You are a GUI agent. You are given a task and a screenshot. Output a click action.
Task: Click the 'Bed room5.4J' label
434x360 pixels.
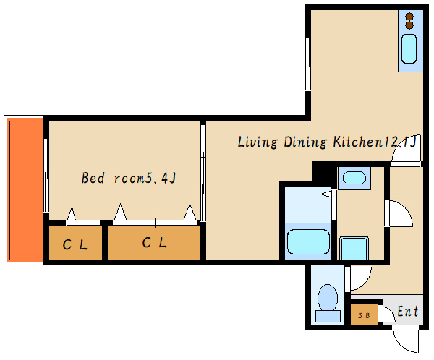click(x=129, y=178)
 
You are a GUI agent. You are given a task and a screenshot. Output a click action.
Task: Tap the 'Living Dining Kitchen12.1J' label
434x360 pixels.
click(x=327, y=142)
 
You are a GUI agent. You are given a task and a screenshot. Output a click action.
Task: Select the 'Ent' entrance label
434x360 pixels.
click(x=408, y=311)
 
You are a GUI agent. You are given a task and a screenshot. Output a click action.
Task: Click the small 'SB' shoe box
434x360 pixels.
click(x=364, y=314)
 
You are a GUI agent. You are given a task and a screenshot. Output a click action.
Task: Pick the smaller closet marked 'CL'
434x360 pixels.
click(x=75, y=243)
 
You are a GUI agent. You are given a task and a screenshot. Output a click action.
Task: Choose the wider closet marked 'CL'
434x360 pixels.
click(x=154, y=243)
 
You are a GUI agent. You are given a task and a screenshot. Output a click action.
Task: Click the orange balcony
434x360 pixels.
click(x=25, y=190)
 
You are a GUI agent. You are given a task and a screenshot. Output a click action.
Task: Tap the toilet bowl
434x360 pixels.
click(x=328, y=297)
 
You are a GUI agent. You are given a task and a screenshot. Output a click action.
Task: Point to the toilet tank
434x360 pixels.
click(x=328, y=316)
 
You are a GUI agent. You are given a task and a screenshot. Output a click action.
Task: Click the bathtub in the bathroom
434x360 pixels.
click(x=308, y=241)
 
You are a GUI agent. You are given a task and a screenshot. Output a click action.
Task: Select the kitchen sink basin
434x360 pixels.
click(x=409, y=48)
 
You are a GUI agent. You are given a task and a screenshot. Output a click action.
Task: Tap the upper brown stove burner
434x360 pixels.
click(x=409, y=17)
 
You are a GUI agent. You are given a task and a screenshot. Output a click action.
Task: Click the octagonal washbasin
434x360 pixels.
click(x=354, y=178)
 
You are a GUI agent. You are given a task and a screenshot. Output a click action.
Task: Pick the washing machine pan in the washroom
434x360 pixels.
click(x=354, y=248)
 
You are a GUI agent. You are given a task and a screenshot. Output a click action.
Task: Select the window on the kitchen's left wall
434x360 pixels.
click(x=308, y=64)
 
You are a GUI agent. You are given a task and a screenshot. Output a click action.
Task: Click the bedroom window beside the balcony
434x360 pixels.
click(x=46, y=176)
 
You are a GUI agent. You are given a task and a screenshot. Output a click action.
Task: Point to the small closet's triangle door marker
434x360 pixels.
click(x=72, y=214)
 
